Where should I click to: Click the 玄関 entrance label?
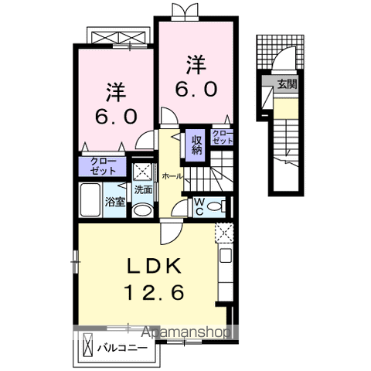pyautogui.click(x=287, y=84)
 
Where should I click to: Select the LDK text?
pyautogui.click(x=155, y=267)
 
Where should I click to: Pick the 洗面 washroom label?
pyautogui.click(x=142, y=189)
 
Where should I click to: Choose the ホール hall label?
pyautogui.click(x=172, y=176)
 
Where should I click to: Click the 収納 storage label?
pyautogui.click(x=197, y=145)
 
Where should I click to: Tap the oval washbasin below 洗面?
pyautogui.click(x=142, y=209)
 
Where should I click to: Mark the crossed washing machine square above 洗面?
pyautogui.click(x=142, y=172)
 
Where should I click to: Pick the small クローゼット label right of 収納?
pyautogui.click(x=223, y=138)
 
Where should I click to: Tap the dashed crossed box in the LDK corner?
pyautogui.click(x=223, y=232)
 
